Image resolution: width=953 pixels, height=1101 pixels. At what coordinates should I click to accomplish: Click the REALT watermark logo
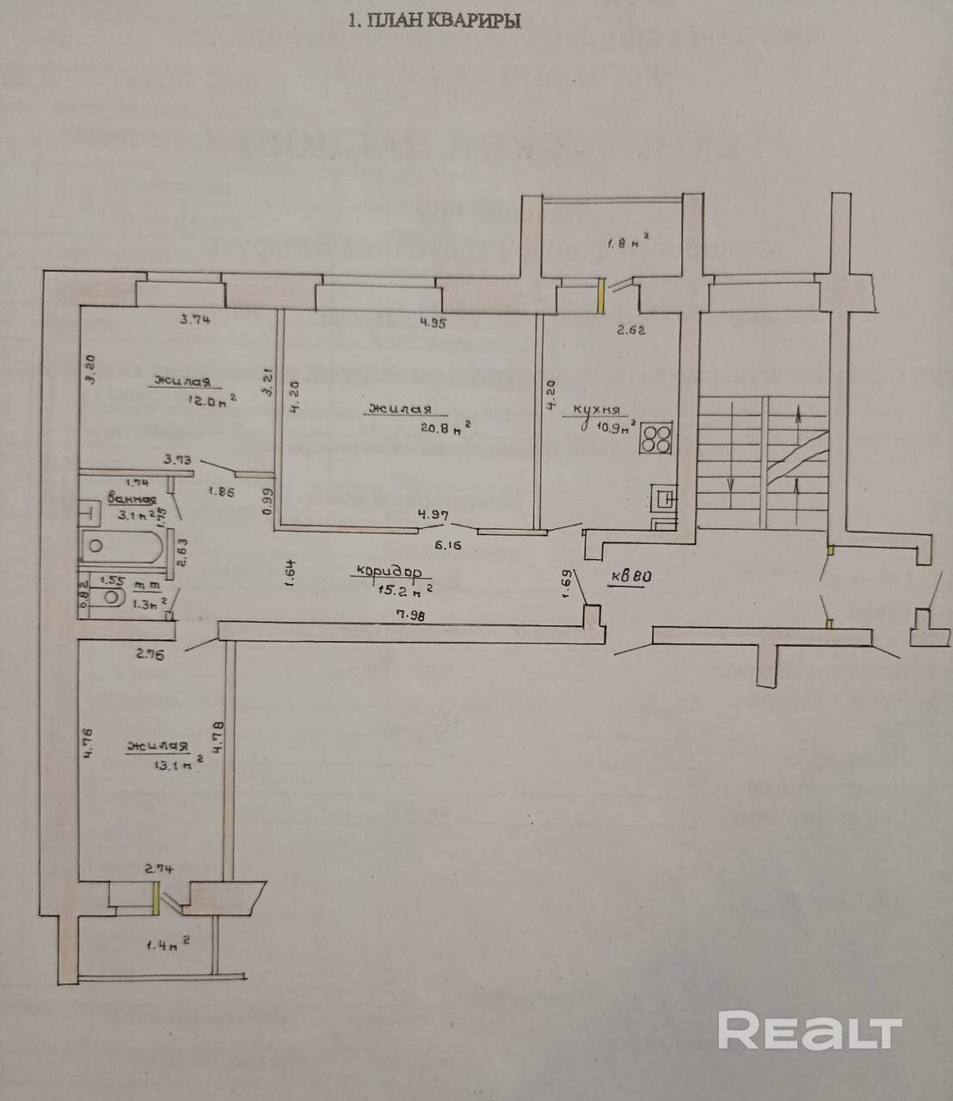(809, 1030)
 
